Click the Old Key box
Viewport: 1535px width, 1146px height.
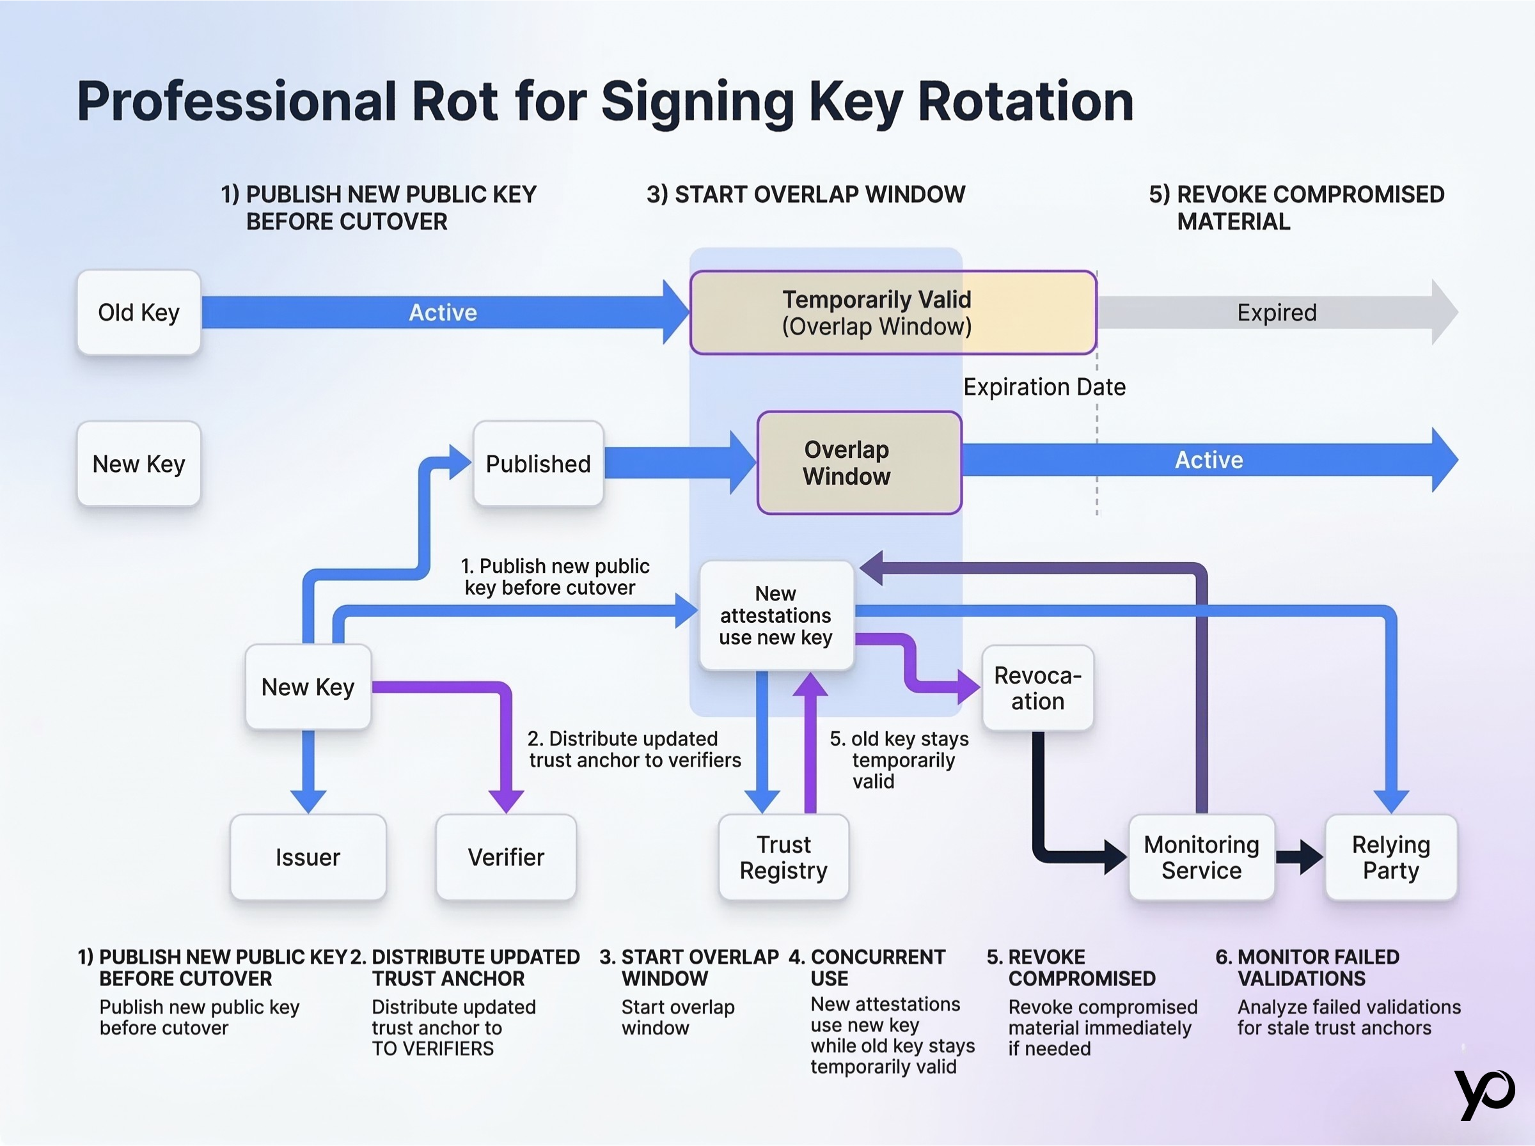coord(139,313)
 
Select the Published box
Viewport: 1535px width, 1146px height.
coord(539,464)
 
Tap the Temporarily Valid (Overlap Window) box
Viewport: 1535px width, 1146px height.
coord(893,313)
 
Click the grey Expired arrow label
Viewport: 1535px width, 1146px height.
coord(1276,313)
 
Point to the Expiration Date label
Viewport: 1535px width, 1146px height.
coord(1044,387)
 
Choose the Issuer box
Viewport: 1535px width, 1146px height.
coord(308,858)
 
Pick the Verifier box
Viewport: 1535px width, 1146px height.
coord(507,858)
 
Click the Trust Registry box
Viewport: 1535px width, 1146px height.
coord(783,858)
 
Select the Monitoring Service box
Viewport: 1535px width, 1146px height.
coord(1201,858)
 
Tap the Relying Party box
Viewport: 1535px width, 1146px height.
coord(1390,858)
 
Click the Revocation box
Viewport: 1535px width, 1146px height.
coord(1037,688)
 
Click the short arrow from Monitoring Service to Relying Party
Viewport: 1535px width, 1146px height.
coord(1299,858)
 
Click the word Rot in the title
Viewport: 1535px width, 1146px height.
coord(454,101)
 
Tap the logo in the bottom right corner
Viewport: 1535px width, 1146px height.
coord(1484,1094)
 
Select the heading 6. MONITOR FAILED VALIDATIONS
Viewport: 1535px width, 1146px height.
coord(1308,968)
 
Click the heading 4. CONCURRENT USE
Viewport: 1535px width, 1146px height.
coord(868,968)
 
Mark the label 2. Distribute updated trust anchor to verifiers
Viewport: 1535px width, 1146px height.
coord(633,750)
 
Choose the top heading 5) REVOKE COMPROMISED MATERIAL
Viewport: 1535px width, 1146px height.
coord(1296,207)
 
